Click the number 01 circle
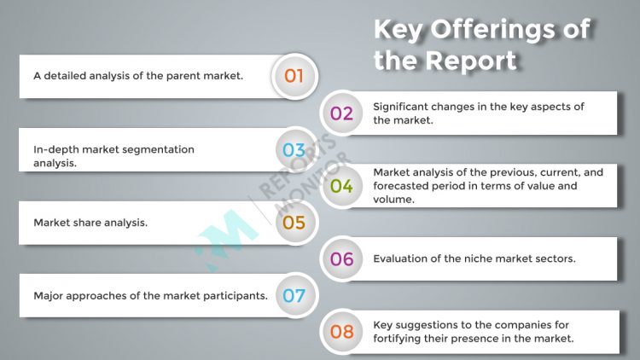click(x=294, y=76)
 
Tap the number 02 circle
click(x=341, y=113)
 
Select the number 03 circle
click(x=294, y=150)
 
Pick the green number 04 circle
click(x=341, y=186)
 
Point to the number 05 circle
click(x=294, y=223)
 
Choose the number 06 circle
click(x=341, y=259)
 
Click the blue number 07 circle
click(x=294, y=296)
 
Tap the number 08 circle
click(x=341, y=332)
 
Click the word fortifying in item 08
click(x=400, y=339)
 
